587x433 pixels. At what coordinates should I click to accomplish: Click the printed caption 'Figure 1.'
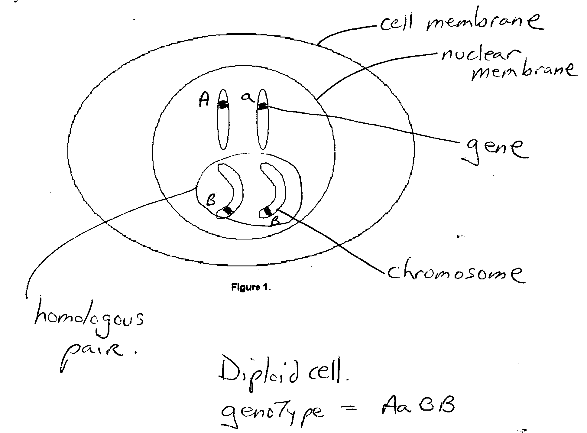point(251,287)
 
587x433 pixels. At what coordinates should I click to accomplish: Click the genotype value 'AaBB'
point(417,405)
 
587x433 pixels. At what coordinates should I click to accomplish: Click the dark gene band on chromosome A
point(223,105)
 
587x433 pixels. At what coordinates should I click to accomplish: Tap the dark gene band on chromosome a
point(262,106)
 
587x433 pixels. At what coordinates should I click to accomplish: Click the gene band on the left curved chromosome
point(228,210)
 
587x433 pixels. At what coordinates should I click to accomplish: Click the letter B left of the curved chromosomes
point(211,200)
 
